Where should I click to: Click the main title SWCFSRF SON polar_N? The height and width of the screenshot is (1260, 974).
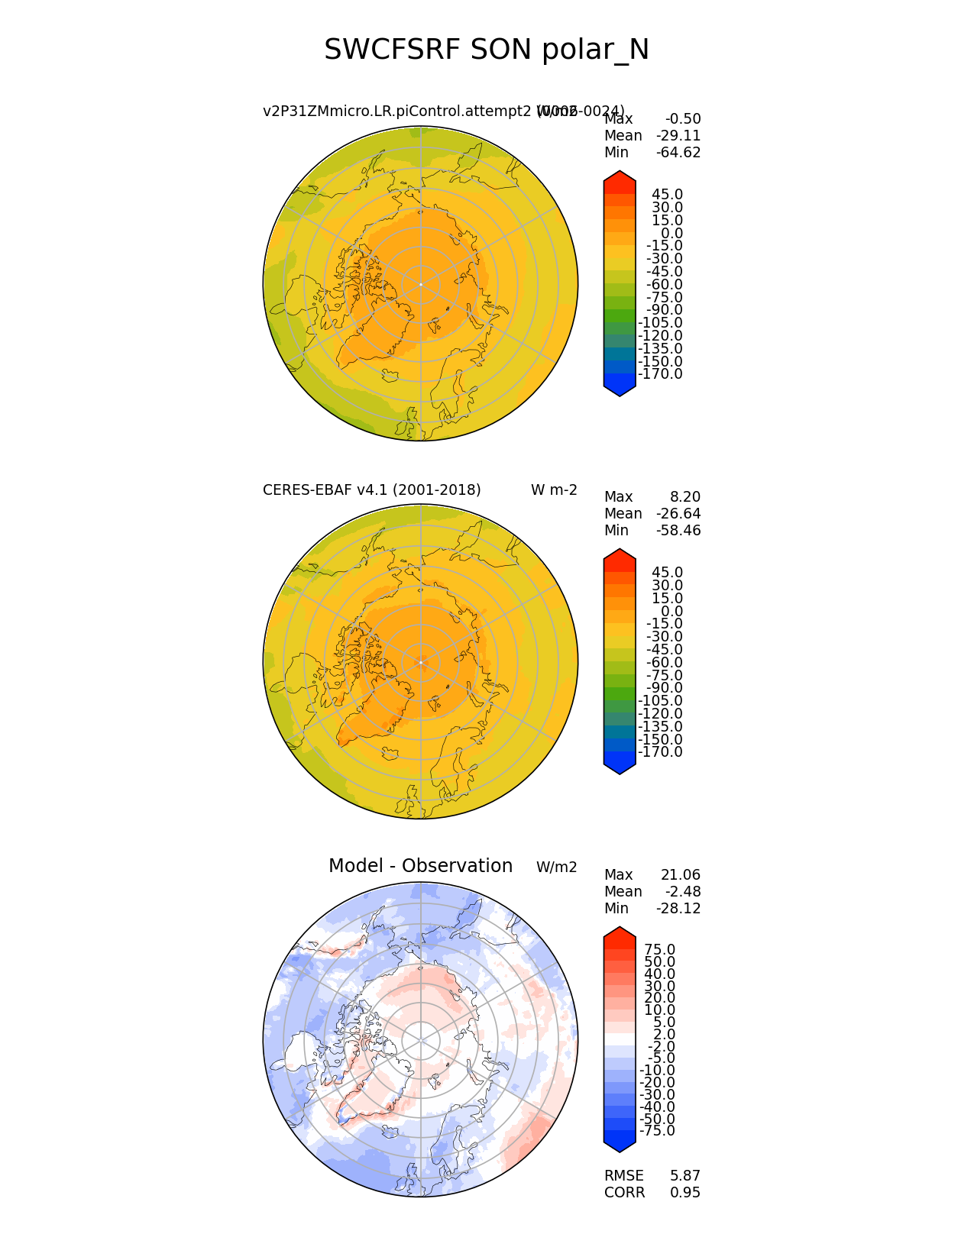[x=487, y=50]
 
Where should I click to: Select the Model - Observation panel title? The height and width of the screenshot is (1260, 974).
[x=420, y=866]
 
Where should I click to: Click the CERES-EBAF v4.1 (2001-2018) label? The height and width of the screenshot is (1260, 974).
[x=371, y=490]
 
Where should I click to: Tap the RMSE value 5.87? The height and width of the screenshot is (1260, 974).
[x=685, y=1176]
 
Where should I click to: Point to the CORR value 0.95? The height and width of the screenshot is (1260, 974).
[x=685, y=1193]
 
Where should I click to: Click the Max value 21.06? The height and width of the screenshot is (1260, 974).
[x=681, y=875]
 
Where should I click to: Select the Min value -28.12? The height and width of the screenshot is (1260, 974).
[x=678, y=909]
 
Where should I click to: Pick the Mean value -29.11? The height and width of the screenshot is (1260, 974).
[x=678, y=136]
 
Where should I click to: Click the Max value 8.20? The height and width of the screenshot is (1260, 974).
[x=685, y=497]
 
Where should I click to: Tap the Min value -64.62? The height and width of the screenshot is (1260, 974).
[x=678, y=153]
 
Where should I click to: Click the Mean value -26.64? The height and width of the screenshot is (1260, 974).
[x=678, y=514]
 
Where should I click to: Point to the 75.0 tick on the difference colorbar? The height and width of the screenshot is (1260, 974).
[x=660, y=950]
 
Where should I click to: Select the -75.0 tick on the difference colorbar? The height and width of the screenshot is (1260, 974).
[x=657, y=1131]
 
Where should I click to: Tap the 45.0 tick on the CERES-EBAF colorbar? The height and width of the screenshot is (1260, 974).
[x=667, y=573]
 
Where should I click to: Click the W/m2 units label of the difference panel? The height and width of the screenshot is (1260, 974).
[x=556, y=867]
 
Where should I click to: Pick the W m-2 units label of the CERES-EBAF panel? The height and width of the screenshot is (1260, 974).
[x=554, y=490]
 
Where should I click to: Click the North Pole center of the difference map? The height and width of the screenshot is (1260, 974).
[x=420, y=1040]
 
